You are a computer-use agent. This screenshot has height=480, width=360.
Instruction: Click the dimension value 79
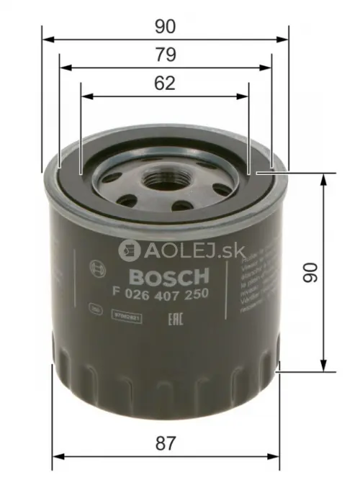(166, 55)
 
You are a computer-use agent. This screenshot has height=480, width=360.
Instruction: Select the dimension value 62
(166, 83)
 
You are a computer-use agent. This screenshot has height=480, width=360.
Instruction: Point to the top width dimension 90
(166, 26)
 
